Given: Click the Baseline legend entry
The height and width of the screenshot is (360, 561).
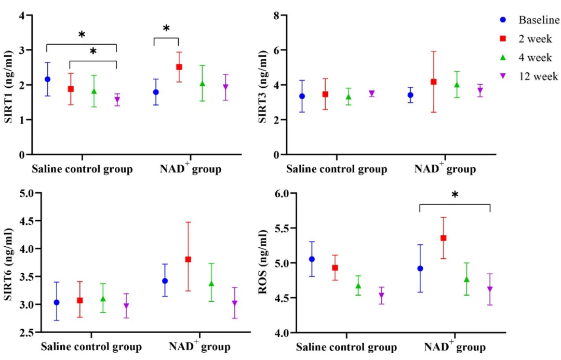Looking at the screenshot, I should coord(539,21).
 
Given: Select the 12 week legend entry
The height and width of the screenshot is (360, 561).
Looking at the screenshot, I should coord(538,76).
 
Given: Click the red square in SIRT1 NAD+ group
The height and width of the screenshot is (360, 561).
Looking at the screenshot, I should coord(179,67).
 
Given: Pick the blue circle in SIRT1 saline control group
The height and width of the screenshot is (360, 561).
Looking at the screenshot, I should coord(47,79).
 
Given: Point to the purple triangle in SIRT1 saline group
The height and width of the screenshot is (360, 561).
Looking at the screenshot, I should coord(117,100).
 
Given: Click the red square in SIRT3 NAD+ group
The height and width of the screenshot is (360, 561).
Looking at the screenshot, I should coord(433,82).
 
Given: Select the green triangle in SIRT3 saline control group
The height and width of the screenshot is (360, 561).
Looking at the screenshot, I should coord(349,97).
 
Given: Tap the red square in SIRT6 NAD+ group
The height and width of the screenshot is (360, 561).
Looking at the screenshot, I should coord(188,259).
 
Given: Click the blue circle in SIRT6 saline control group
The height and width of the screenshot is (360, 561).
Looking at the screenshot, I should coord(57,302).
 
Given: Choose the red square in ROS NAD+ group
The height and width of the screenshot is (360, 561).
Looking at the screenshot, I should coord(443,238).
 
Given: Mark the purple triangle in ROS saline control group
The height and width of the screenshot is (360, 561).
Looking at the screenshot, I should coord(381,296).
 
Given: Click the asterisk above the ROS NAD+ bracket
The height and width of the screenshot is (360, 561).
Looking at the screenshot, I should coord(455,196).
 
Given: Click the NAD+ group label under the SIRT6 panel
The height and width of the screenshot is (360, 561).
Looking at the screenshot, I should coord(199,346).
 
